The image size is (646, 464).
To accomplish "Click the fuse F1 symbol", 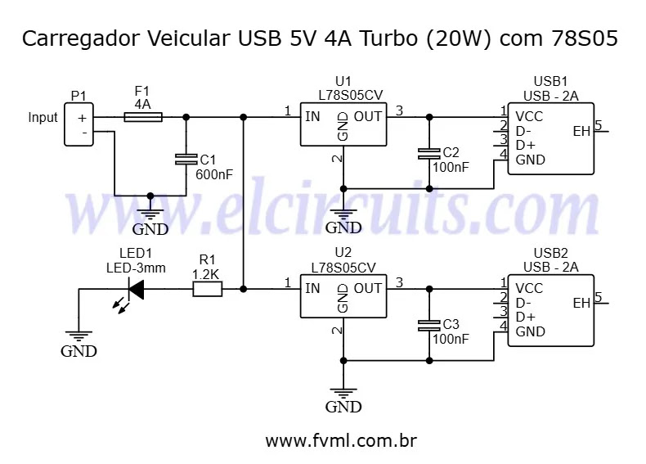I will coord(143,117).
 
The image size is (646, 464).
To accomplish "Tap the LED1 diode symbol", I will coord(135,289).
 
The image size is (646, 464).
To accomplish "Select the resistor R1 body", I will coord(206,289).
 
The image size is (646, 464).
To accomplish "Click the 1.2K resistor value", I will coord(205,274).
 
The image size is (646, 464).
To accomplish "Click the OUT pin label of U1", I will coord(368,116).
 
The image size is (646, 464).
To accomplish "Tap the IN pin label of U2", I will coord(312,288).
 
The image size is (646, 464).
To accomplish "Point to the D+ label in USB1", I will coord(525,145).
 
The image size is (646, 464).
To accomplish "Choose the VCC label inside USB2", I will coord(529,288).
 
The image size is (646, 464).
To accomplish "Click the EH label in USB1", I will coord(581,131).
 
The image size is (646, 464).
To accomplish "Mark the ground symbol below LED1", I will coord(79,336).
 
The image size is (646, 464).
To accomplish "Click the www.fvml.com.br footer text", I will coord(342,441).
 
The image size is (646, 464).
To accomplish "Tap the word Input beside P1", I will coord(43,118).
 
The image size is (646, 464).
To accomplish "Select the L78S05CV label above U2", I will coord(343,267).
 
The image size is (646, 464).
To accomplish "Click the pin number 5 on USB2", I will coord(599,297).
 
